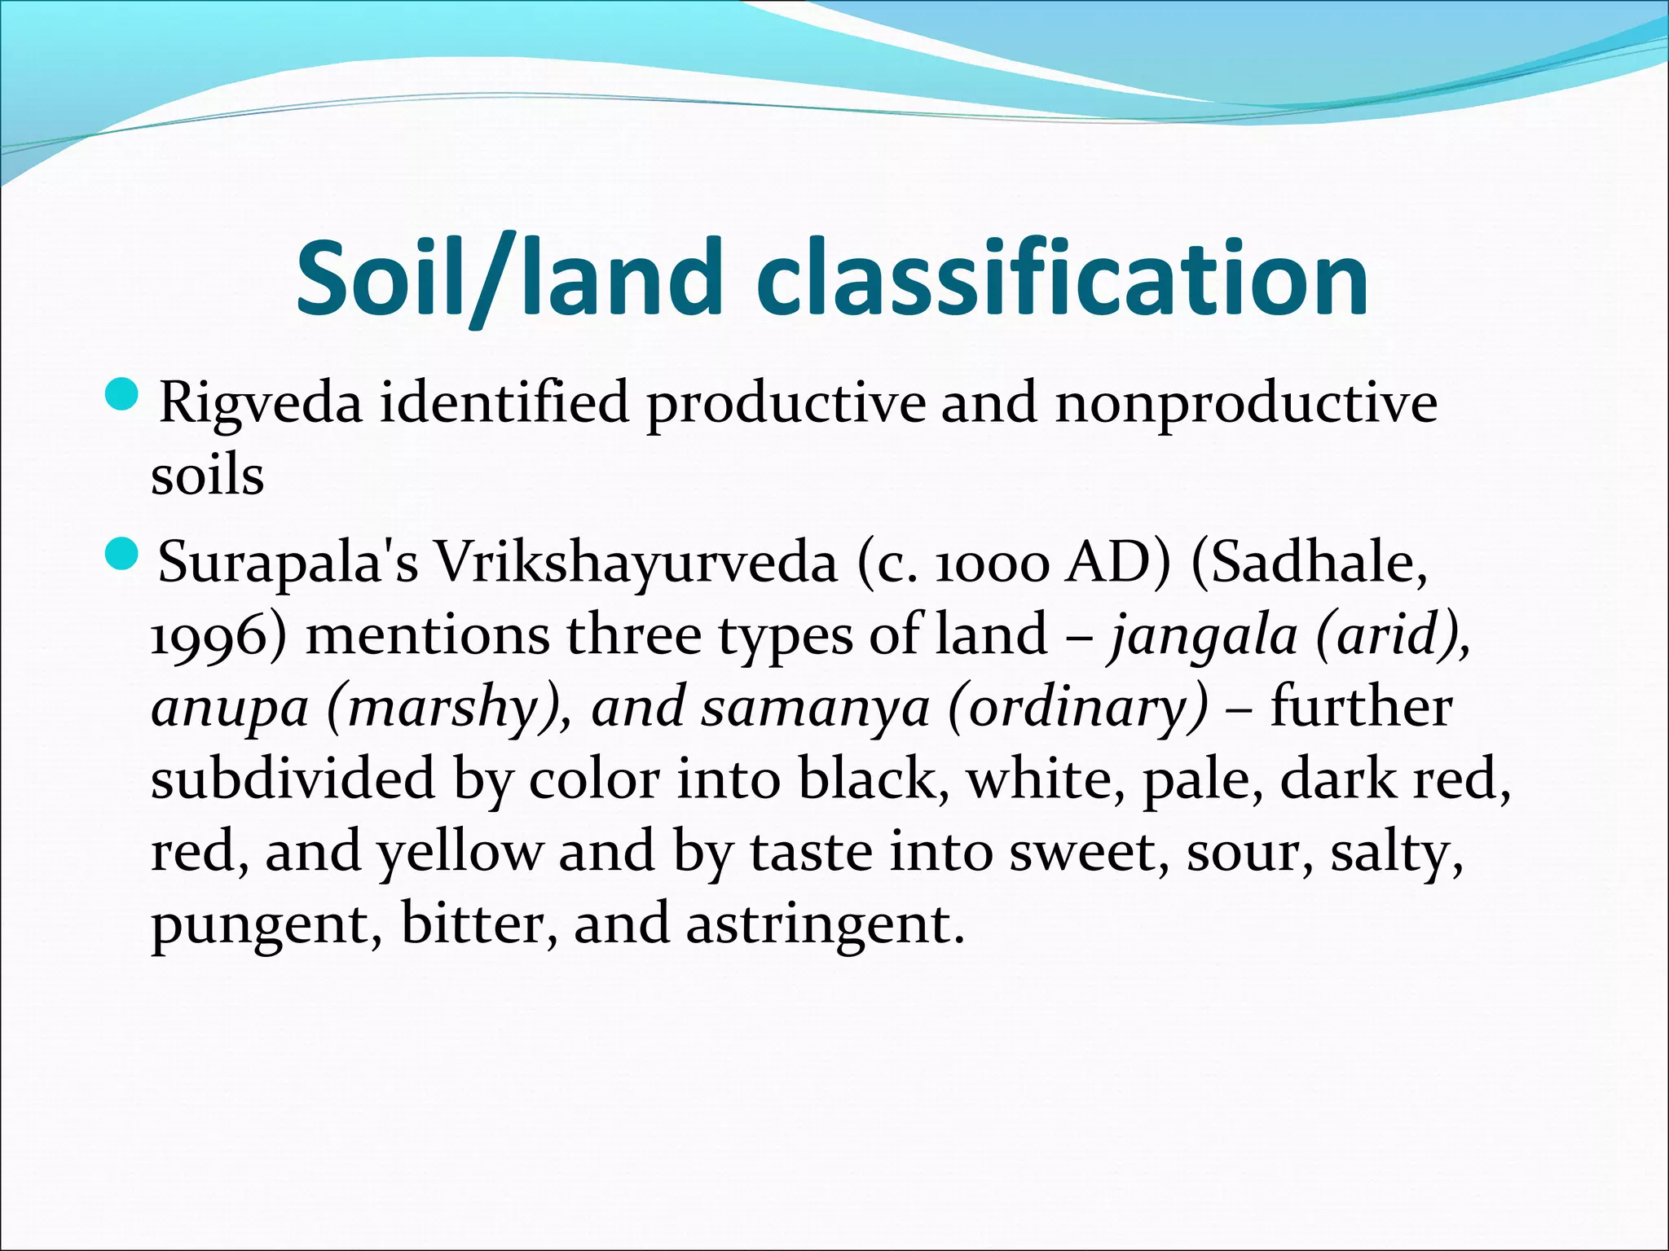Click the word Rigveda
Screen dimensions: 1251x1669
tap(260, 404)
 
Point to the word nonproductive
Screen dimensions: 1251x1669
tap(1245, 404)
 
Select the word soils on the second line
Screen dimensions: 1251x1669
tap(207, 476)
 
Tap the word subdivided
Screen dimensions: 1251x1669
tap(293, 779)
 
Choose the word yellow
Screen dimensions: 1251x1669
tap(459, 852)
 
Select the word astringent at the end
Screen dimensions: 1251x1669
tap(825, 925)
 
